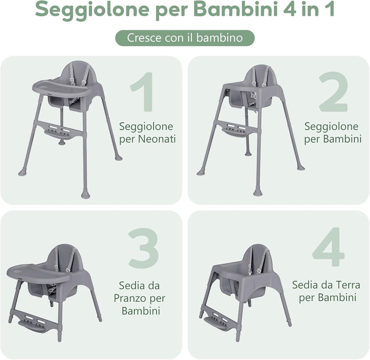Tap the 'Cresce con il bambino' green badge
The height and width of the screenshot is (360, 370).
(185, 38)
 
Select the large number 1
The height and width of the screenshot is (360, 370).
(141, 93)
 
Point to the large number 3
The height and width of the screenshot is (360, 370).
(143, 248)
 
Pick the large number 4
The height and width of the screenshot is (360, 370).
(328, 248)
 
